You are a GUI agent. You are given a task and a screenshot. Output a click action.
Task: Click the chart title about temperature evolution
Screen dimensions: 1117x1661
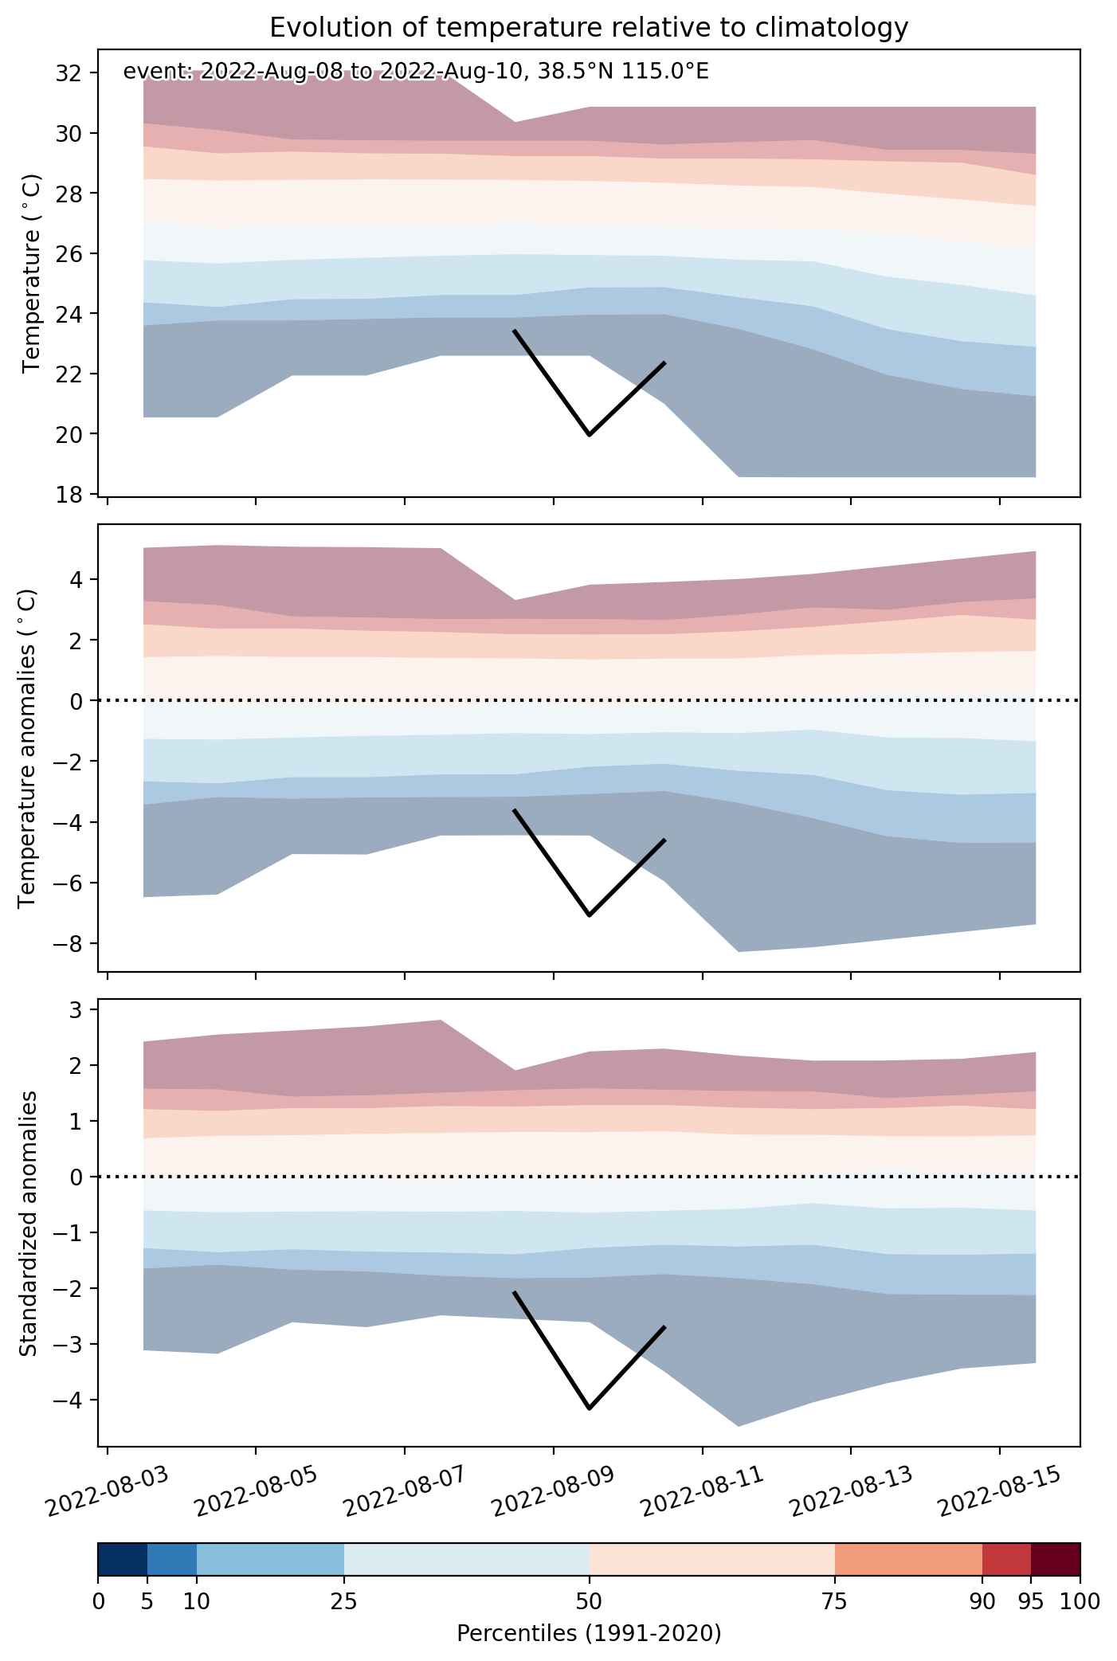coord(589,28)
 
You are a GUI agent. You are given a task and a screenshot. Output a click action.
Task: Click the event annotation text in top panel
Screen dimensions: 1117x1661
coord(416,72)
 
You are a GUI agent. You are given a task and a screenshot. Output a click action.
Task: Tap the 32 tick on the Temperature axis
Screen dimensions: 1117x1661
coord(69,73)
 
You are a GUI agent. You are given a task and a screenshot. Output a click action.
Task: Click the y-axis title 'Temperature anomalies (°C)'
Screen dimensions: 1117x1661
coord(28,748)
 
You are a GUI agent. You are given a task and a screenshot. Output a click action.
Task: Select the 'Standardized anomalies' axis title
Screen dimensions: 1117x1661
coord(28,1223)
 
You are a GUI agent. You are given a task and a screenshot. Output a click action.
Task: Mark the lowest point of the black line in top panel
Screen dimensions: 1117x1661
coord(590,435)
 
